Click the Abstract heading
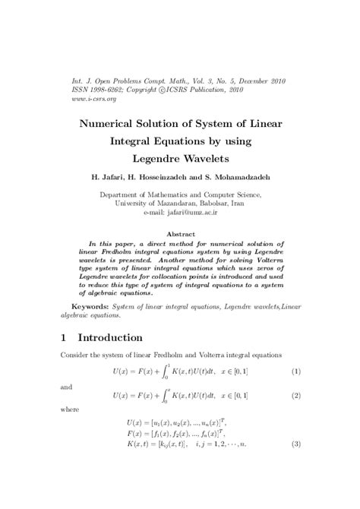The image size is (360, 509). coord(179,235)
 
